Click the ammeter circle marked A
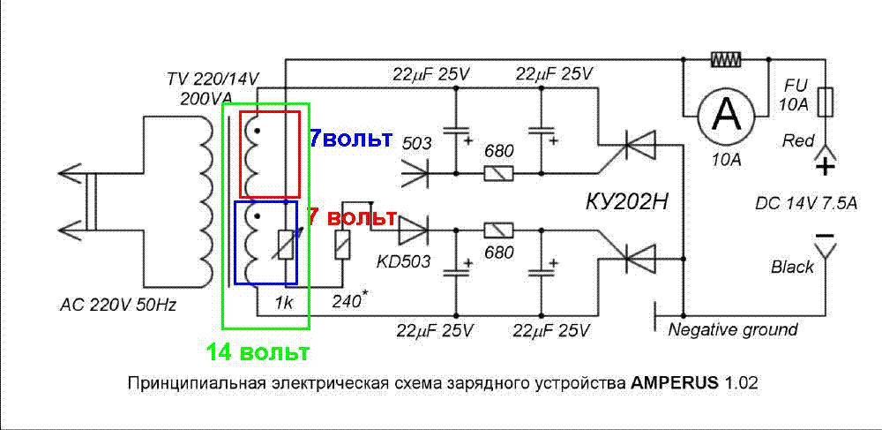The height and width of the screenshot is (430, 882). pos(727,112)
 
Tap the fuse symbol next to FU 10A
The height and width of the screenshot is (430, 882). pos(825,102)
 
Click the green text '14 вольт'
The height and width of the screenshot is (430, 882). pos(258,353)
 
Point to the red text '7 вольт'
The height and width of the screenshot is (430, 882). pos(352,216)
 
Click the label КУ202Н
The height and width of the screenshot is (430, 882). pos(627,202)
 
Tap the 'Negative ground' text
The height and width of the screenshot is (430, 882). pos(733,329)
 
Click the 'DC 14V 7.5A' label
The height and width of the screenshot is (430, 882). pos(806,203)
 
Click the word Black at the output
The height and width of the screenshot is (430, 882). pos(792,267)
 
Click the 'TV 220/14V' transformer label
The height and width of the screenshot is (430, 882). pos(213,79)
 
